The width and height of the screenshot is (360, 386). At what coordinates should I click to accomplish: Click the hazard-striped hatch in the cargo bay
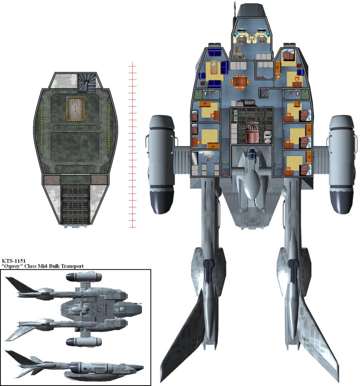pos(75,109)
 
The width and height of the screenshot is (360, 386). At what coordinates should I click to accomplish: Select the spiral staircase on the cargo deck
pos(87,82)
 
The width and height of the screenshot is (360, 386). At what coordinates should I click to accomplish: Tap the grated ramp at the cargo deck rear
pos(75,204)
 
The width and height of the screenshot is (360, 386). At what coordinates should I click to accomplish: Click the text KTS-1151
pos(14,261)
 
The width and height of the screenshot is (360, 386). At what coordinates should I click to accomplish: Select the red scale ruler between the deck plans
pos(132,145)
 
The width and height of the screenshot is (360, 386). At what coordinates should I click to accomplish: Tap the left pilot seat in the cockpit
pos(242,39)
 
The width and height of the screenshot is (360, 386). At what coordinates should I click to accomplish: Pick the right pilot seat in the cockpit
pos(261,39)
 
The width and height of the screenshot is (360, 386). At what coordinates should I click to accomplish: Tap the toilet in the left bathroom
pos(205,93)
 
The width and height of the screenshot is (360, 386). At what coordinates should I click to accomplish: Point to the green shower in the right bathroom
pos(305,94)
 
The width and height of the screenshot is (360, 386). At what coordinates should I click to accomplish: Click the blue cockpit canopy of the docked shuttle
pos(252,155)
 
